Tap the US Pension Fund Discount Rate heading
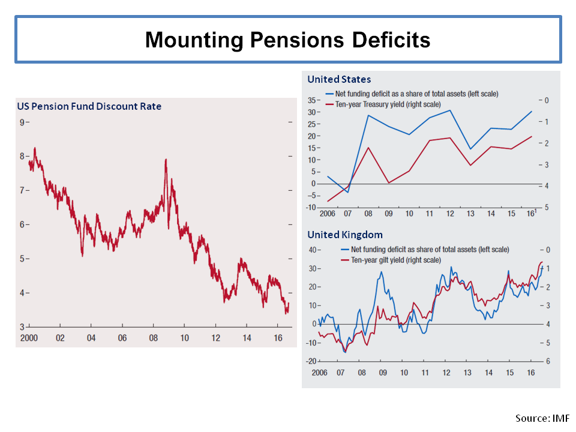[x=89, y=107]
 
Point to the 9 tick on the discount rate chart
[x=22, y=122]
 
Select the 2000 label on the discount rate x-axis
[x=29, y=338]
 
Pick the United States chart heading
[x=339, y=79]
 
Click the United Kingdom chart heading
[x=345, y=235]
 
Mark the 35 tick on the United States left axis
[x=311, y=100]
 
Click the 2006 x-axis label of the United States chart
[x=327, y=214]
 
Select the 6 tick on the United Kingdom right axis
[x=547, y=361]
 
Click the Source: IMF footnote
[x=542, y=418]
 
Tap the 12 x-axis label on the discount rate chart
[x=215, y=338]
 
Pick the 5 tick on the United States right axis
[x=547, y=208]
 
